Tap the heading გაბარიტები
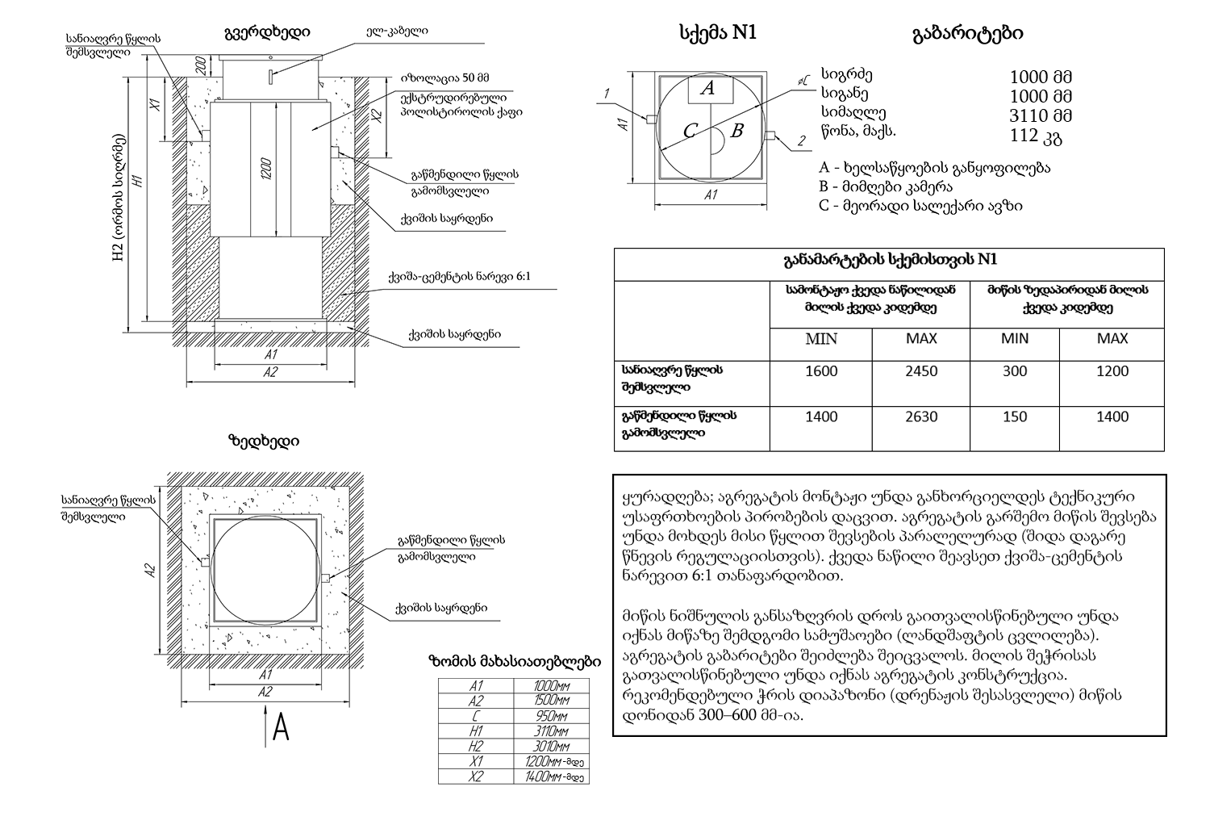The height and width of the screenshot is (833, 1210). pos(967,33)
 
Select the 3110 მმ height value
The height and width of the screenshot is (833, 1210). pos(1041,115)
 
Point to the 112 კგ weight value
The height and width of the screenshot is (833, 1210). pos(1036,136)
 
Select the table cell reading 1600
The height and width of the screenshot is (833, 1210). pos(821,371)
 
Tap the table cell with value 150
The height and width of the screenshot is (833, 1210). pos(1014,416)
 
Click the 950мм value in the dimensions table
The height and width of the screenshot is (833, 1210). pos(552,716)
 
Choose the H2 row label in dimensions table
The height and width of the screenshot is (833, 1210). pos(476,747)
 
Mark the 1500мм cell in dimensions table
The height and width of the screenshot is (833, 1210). pos(552,701)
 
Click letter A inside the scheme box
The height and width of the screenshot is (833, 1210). pos(707,89)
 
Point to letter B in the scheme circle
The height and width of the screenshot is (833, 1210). pos(736,131)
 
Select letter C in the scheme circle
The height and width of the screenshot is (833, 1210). pos(690,131)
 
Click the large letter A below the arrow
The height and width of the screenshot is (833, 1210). pos(281,728)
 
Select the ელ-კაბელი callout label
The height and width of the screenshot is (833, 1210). pos(397,31)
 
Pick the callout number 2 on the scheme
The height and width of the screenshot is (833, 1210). pos(801,141)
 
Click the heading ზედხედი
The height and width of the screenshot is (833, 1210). pos(264,442)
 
